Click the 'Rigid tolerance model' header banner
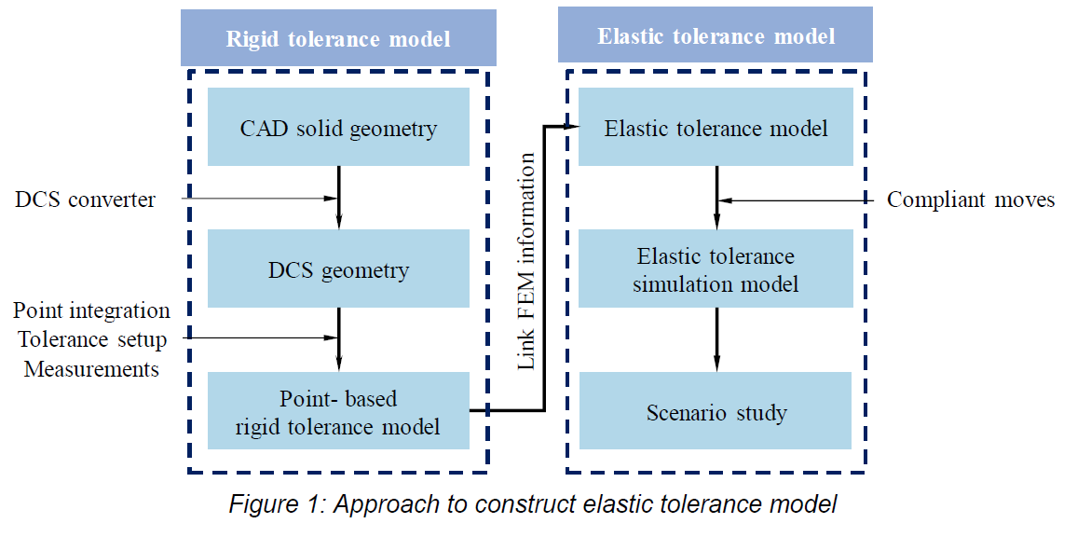pos(337,38)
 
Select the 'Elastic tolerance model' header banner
pos(715,36)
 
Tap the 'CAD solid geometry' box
pos(338,128)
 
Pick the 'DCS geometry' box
pos(338,270)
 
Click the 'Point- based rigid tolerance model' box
pos(338,413)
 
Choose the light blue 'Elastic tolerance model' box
pos(716,128)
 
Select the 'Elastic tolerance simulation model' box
pos(716,269)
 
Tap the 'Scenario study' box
pos(716,411)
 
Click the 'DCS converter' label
pos(85,200)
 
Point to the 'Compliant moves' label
pos(970,200)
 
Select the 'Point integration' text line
pos(92,310)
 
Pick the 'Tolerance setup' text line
pos(92,339)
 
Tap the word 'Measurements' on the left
pos(91,369)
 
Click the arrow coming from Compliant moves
pos(792,200)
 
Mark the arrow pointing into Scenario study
pos(716,339)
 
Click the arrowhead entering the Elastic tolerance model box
pos(570,127)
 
